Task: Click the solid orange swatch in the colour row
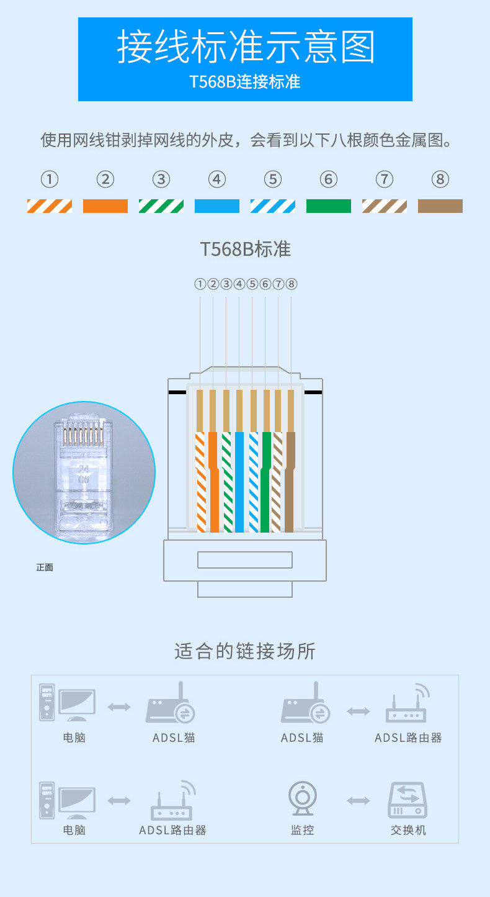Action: click(105, 206)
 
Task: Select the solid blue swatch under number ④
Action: click(217, 206)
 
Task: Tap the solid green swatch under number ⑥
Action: click(329, 206)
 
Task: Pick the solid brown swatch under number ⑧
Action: click(440, 206)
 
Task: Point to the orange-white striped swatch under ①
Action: click(50, 206)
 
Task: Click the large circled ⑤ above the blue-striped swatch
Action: click(273, 179)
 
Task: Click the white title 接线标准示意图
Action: click(246, 47)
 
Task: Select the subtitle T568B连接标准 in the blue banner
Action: click(245, 82)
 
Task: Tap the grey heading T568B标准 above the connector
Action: click(245, 249)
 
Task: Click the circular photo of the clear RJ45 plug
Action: click(84, 472)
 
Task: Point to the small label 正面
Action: click(45, 567)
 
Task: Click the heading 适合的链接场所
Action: click(245, 651)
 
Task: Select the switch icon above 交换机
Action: click(408, 800)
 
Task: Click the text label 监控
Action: click(303, 830)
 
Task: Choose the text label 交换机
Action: click(408, 830)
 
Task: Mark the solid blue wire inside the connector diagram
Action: click(239, 484)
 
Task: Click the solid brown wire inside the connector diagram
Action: click(290, 484)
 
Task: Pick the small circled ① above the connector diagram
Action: click(200, 284)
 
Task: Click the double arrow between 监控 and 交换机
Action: click(359, 801)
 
